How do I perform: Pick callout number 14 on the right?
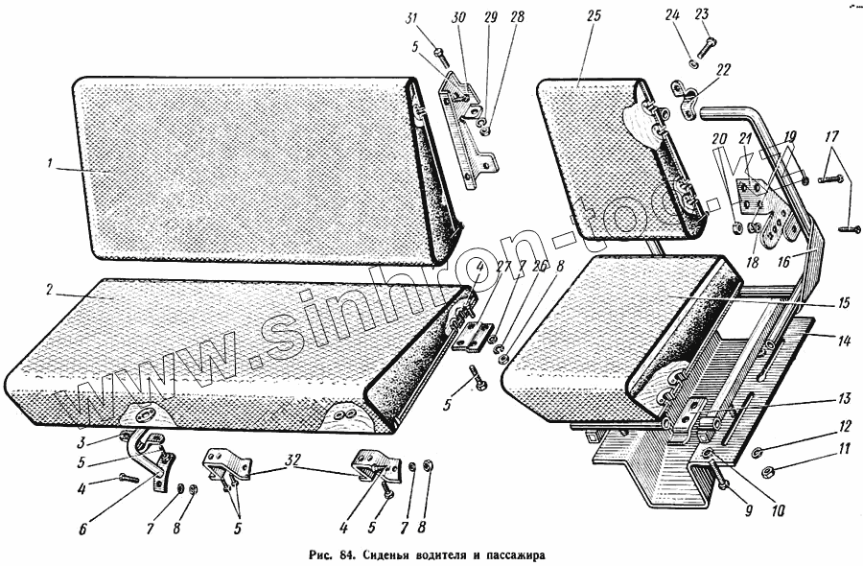click(x=845, y=340)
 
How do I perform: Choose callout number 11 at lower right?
click(x=845, y=447)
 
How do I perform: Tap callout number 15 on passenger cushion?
click(x=844, y=302)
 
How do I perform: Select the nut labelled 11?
click(x=769, y=471)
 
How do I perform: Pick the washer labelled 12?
click(x=756, y=452)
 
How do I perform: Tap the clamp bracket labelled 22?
click(x=693, y=98)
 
